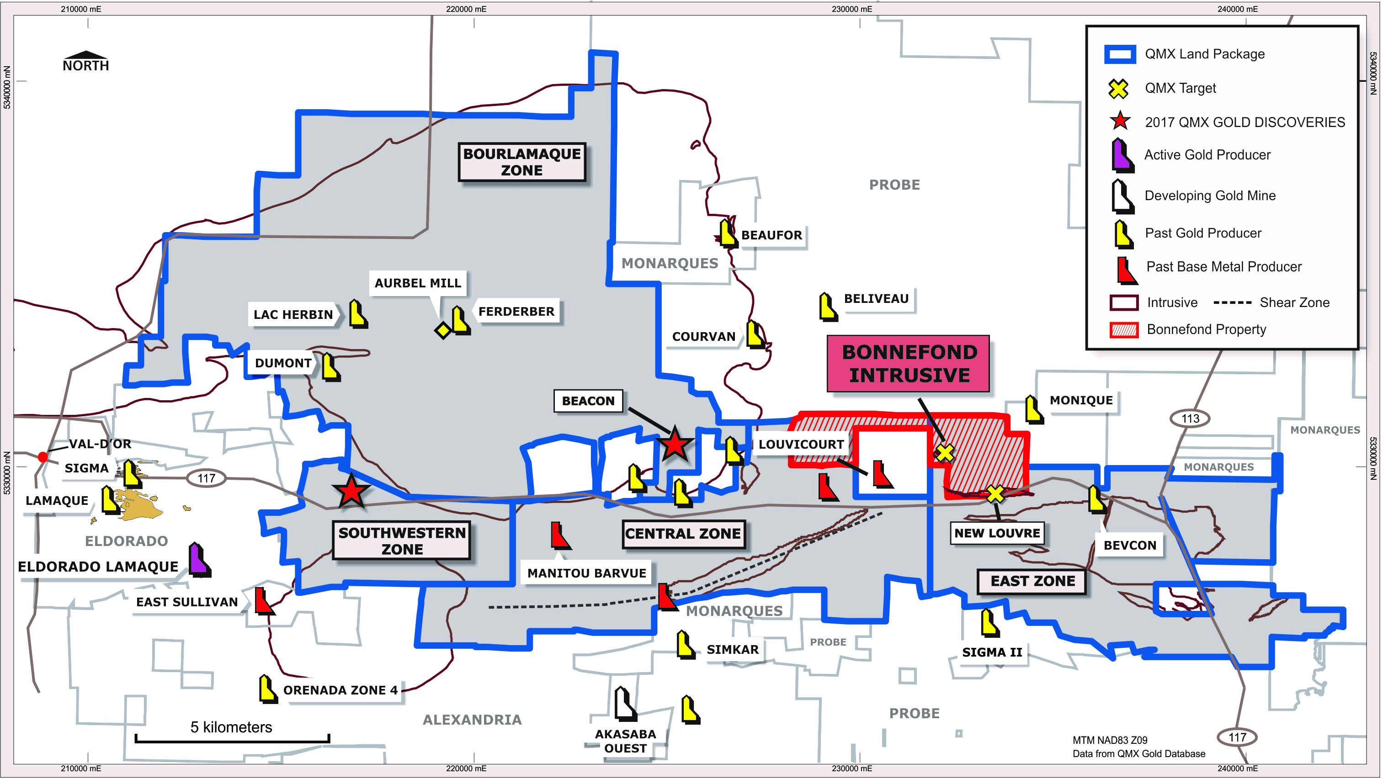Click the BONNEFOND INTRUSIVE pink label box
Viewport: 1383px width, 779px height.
[909, 364]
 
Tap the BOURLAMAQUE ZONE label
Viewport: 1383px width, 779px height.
[521, 162]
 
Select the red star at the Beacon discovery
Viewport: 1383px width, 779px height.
[674, 445]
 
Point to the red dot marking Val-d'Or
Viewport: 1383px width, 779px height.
[43, 457]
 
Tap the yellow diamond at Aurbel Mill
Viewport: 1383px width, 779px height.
[443, 330]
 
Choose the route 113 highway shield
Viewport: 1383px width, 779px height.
[1190, 418]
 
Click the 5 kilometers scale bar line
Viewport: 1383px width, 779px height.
[232, 740]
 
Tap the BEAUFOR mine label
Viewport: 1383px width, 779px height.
[771, 235]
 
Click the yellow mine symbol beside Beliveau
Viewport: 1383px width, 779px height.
[828, 307]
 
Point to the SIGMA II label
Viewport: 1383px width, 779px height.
[992, 652]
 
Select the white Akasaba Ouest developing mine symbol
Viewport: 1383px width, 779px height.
[626, 703]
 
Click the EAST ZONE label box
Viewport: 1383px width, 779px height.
[1032, 581]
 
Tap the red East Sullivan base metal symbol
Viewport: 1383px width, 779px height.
[264, 601]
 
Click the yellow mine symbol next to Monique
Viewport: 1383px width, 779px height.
[1034, 409]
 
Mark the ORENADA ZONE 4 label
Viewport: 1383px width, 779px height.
[340, 690]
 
